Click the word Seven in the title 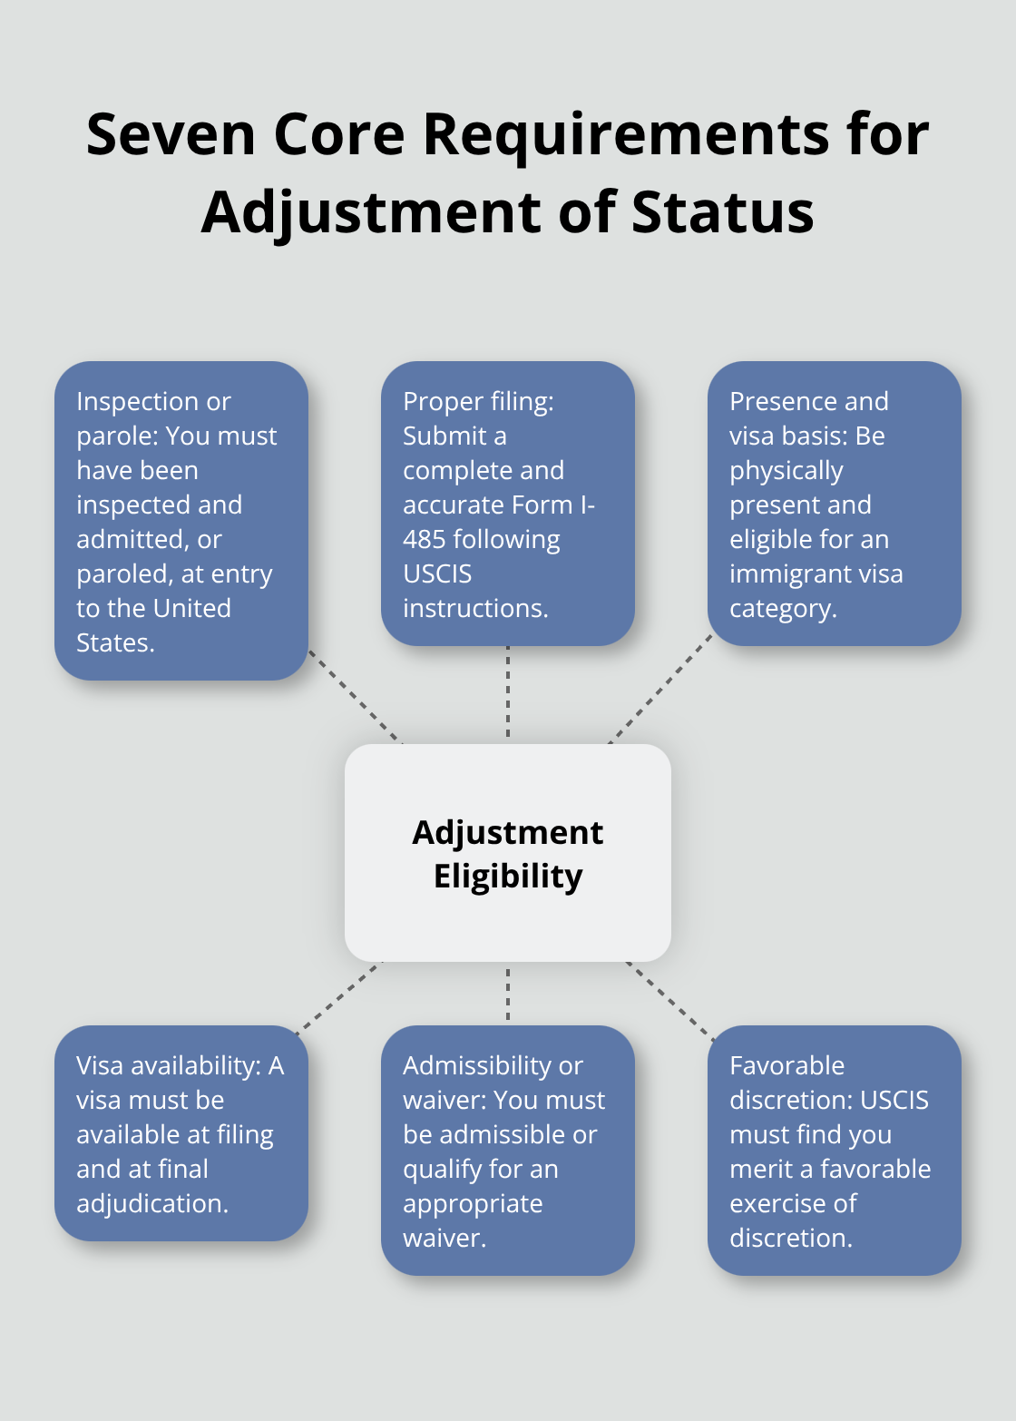click(171, 134)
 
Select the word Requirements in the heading click(626, 134)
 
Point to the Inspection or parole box click(181, 521)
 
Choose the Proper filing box click(508, 504)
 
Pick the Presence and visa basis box click(834, 504)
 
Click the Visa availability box click(181, 1132)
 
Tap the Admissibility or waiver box click(508, 1150)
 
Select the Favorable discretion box click(834, 1150)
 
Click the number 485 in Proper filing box click(425, 540)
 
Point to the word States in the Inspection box click(115, 643)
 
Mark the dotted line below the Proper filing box click(508, 691)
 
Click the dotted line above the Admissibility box click(508, 994)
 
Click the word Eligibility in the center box click(508, 877)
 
